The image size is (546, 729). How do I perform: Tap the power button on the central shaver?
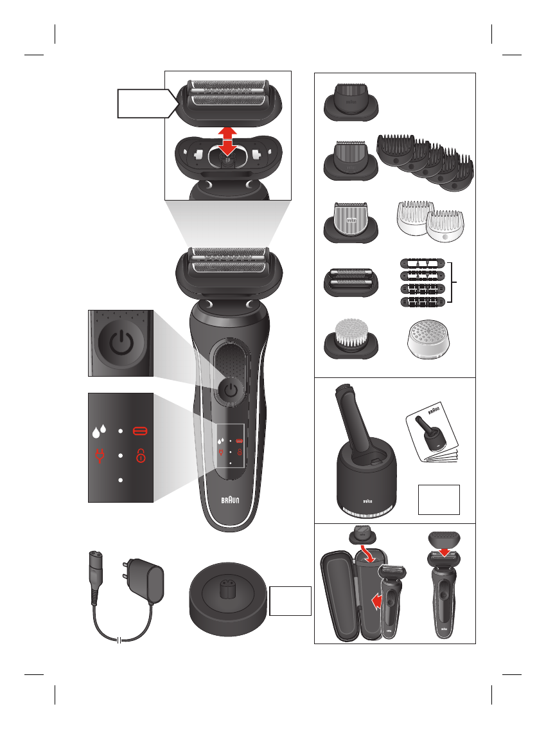pyautogui.click(x=230, y=390)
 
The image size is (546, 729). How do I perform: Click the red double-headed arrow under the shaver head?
pyautogui.click(x=225, y=141)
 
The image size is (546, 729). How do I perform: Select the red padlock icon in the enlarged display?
pyautogui.click(x=139, y=456)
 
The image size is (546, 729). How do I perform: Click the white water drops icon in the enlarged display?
pyautogui.click(x=100, y=430)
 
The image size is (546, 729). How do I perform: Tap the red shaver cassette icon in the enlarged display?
pyautogui.click(x=139, y=430)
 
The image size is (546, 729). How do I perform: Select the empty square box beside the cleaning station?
pyautogui.click(x=439, y=500)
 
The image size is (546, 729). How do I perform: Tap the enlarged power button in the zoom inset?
pyautogui.click(x=120, y=343)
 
